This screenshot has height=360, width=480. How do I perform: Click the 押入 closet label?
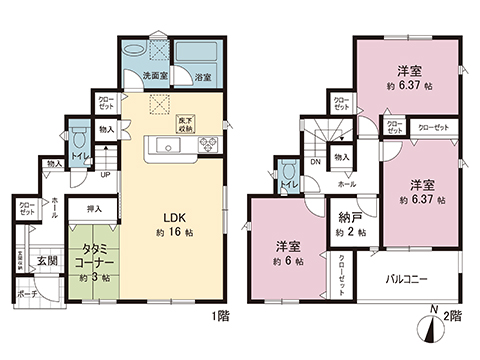pos(94,211)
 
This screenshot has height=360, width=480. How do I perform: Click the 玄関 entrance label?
pos(47,262)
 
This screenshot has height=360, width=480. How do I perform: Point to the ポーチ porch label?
pos(26,295)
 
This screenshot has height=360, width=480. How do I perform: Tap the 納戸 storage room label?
pos(348,218)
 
